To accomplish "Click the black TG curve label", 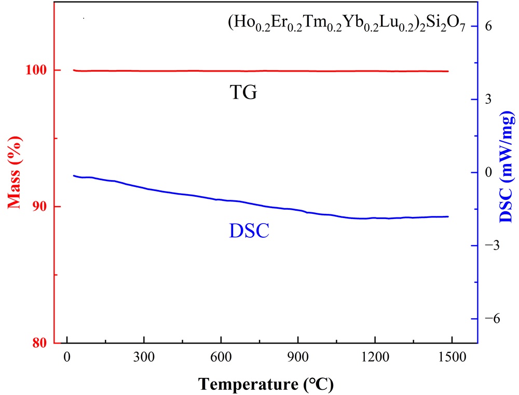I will pos(243,93).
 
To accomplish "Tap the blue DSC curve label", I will pos(249,230).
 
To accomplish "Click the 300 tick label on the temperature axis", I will pos(144,358).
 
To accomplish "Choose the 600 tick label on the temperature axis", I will pos(221,358).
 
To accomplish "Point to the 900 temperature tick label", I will pos(298,358).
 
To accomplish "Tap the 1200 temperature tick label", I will pos(375,358).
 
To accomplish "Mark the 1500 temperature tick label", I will pos(452,358).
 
